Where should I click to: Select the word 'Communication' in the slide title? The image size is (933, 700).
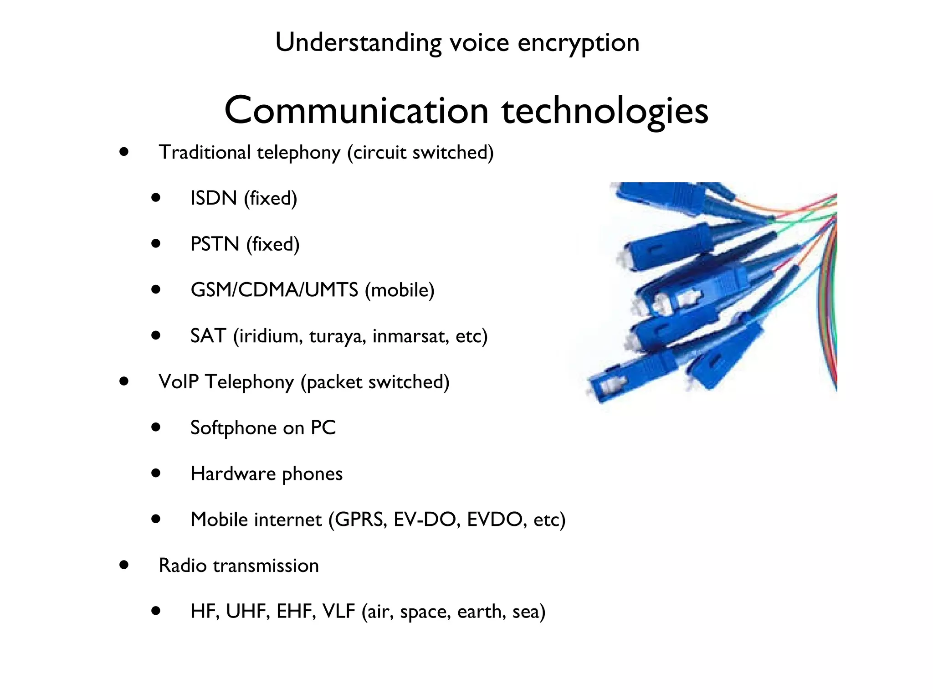[x=357, y=111]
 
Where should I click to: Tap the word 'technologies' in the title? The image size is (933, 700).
[x=605, y=112]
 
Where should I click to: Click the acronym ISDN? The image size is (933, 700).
[x=214, y=198]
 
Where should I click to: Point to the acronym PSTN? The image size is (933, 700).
[x=215, y=244]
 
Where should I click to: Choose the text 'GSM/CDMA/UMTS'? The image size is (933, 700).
[x=274, y=290]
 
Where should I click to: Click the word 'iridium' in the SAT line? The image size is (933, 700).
[x=270, y=336]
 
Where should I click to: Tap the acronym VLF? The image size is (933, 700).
[x=338, y=612]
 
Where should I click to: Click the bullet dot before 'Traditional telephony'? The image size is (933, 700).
[x=123, y=152]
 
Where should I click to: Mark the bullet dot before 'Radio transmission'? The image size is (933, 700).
[x=123, y=565]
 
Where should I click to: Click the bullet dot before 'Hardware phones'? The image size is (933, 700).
[x=156, y=474]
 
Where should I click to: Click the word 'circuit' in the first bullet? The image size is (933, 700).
[x=379, y=152]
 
